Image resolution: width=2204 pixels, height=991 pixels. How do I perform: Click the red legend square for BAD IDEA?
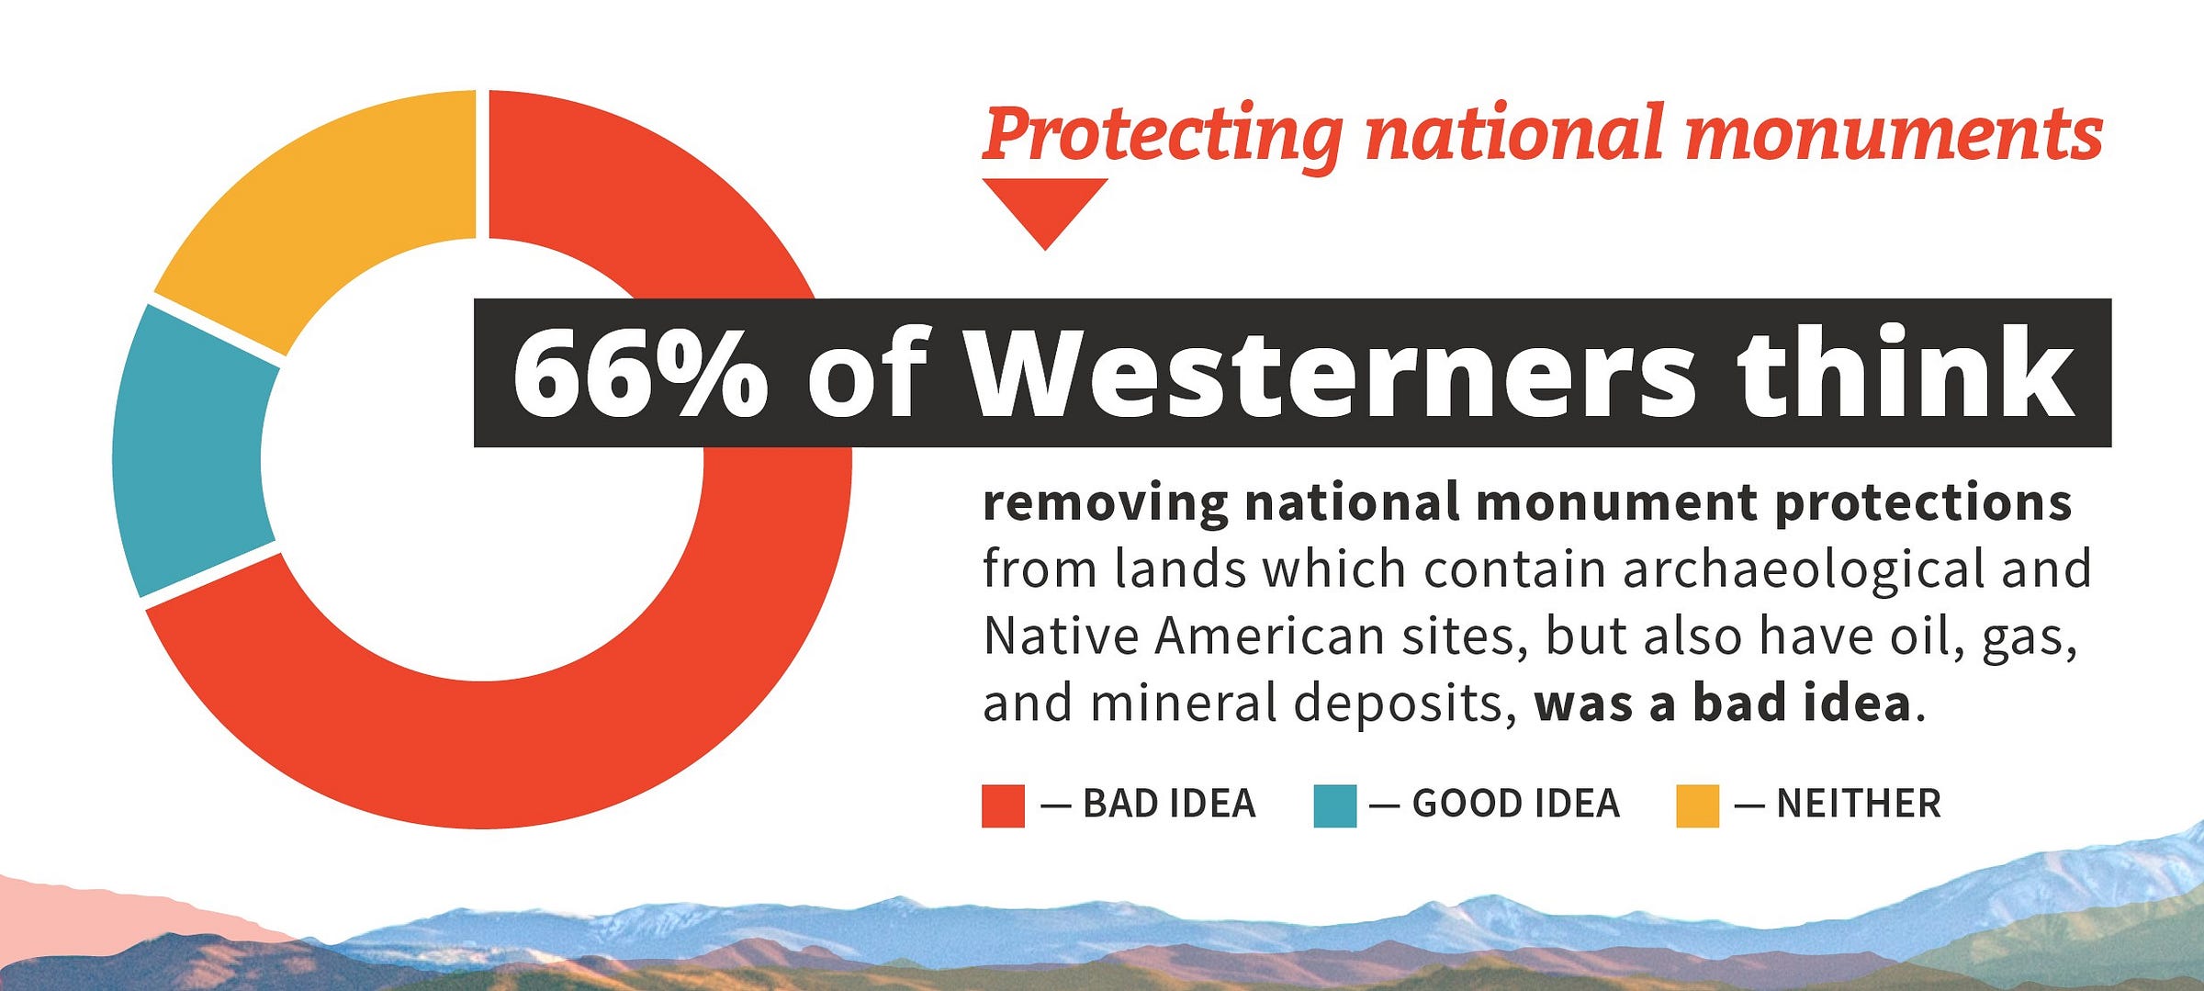click(x=1003, y=805)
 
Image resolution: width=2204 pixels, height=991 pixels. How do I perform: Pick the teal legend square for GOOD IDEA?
click(x=1334, y=805)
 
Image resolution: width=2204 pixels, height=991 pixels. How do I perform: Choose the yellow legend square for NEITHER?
click(x=1697, y=805)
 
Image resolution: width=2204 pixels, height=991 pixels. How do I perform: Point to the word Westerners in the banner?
click(x=1332, y=372)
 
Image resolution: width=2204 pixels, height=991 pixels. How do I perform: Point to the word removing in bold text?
click(x=1106, y=503)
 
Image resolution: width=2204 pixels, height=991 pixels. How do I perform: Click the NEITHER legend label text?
click(x=1859, y=804)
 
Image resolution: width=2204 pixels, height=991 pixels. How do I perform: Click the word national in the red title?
click(x=1514, y=134)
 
